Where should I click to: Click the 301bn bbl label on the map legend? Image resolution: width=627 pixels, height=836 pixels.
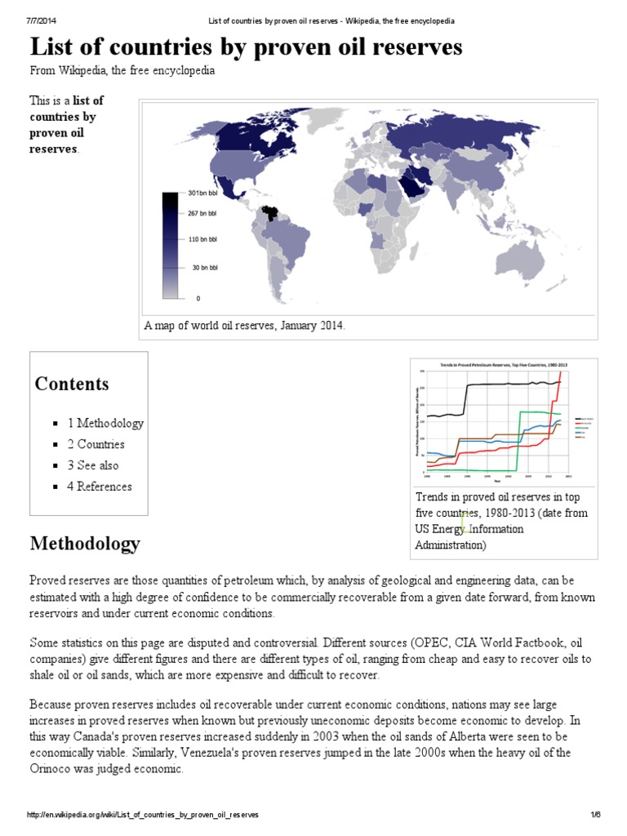click(202, 193)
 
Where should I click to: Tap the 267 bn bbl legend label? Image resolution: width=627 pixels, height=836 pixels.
click(202, 212)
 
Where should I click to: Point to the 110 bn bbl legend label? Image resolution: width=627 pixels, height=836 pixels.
click(202, 239)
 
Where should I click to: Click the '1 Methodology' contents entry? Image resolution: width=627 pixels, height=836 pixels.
click(105, 423)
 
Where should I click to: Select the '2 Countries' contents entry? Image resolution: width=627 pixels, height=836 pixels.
click(96, 444)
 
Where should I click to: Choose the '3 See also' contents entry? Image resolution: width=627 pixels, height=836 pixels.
click(92, 465)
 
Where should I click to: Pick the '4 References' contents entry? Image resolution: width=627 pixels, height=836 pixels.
click(99, 487)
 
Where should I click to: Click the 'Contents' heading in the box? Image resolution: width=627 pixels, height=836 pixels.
click(72, 384)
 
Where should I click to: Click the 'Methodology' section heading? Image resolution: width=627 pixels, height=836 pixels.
click(85, 543)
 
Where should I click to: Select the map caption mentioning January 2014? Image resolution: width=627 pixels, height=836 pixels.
click(245, 326)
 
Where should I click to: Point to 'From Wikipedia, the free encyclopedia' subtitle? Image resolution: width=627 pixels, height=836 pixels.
click(122, 71)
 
